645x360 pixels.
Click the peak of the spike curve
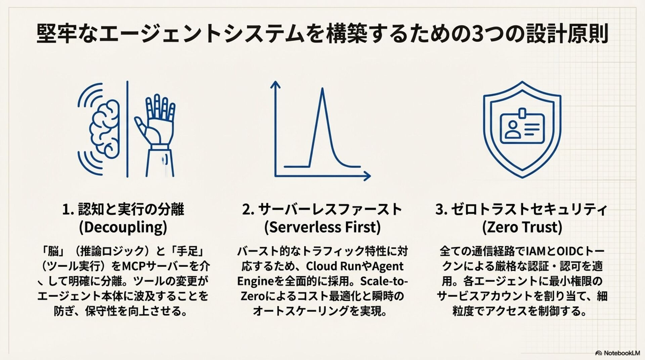322,89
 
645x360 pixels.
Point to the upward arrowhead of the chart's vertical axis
275,84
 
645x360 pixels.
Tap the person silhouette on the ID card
512,129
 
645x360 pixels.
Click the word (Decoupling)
123,227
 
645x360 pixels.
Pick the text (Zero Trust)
522,227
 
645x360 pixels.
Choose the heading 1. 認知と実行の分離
123,210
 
